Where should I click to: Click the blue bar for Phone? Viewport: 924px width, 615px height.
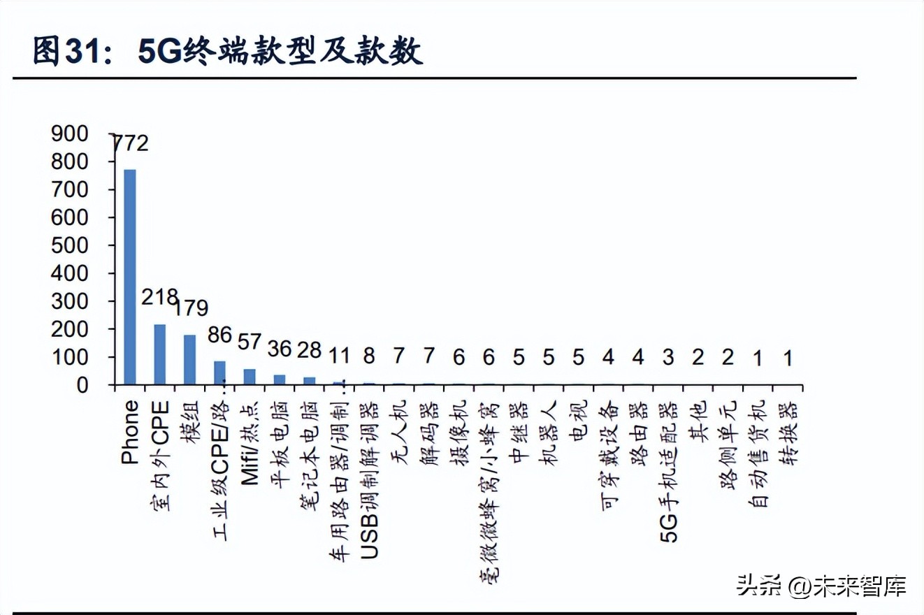click(130, 277)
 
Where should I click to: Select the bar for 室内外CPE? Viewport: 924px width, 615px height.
click(160, 354)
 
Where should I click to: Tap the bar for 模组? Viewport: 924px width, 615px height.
click(189, 359)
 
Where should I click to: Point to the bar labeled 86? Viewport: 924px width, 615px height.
click(219, 372)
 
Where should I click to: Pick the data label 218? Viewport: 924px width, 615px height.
click(159, 296)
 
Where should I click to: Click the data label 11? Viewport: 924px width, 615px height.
click(339, 356)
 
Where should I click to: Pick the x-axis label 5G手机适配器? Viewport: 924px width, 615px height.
click(668, 472)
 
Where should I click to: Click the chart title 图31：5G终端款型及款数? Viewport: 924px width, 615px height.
click(228, 52)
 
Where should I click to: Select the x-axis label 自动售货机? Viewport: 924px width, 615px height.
click(758, 453)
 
